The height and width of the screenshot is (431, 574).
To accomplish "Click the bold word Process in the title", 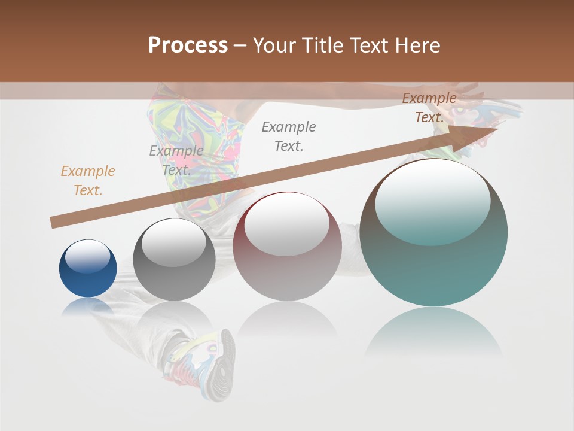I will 188,45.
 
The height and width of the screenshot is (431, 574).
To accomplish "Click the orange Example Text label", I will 88,181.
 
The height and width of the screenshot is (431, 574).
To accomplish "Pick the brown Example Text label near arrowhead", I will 429,108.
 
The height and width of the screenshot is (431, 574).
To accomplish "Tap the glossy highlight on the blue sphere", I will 87,256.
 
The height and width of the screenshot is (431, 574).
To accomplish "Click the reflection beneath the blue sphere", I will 88,306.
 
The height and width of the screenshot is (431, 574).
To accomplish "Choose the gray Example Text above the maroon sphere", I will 289,136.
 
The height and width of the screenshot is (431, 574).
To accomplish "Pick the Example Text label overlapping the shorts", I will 176,160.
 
